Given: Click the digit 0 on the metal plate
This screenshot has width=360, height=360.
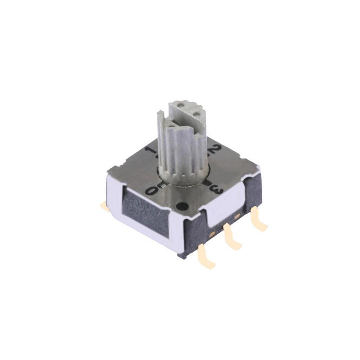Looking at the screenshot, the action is (x=153, y=190).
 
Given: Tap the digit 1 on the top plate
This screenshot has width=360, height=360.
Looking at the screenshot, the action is (x=152, y=152).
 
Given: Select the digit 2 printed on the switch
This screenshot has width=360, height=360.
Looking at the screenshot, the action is (x=214, y=150).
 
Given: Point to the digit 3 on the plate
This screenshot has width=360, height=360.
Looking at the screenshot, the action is (x=217, y=189).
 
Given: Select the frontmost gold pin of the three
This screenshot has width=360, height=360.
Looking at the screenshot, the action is (x=206, y=256).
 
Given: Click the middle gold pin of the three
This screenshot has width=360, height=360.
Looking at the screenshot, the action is (x=232, y=237).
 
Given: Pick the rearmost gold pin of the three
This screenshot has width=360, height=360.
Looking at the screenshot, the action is (x=259, y=219).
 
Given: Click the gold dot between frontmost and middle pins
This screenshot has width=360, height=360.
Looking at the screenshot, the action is (x=211, y=234).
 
